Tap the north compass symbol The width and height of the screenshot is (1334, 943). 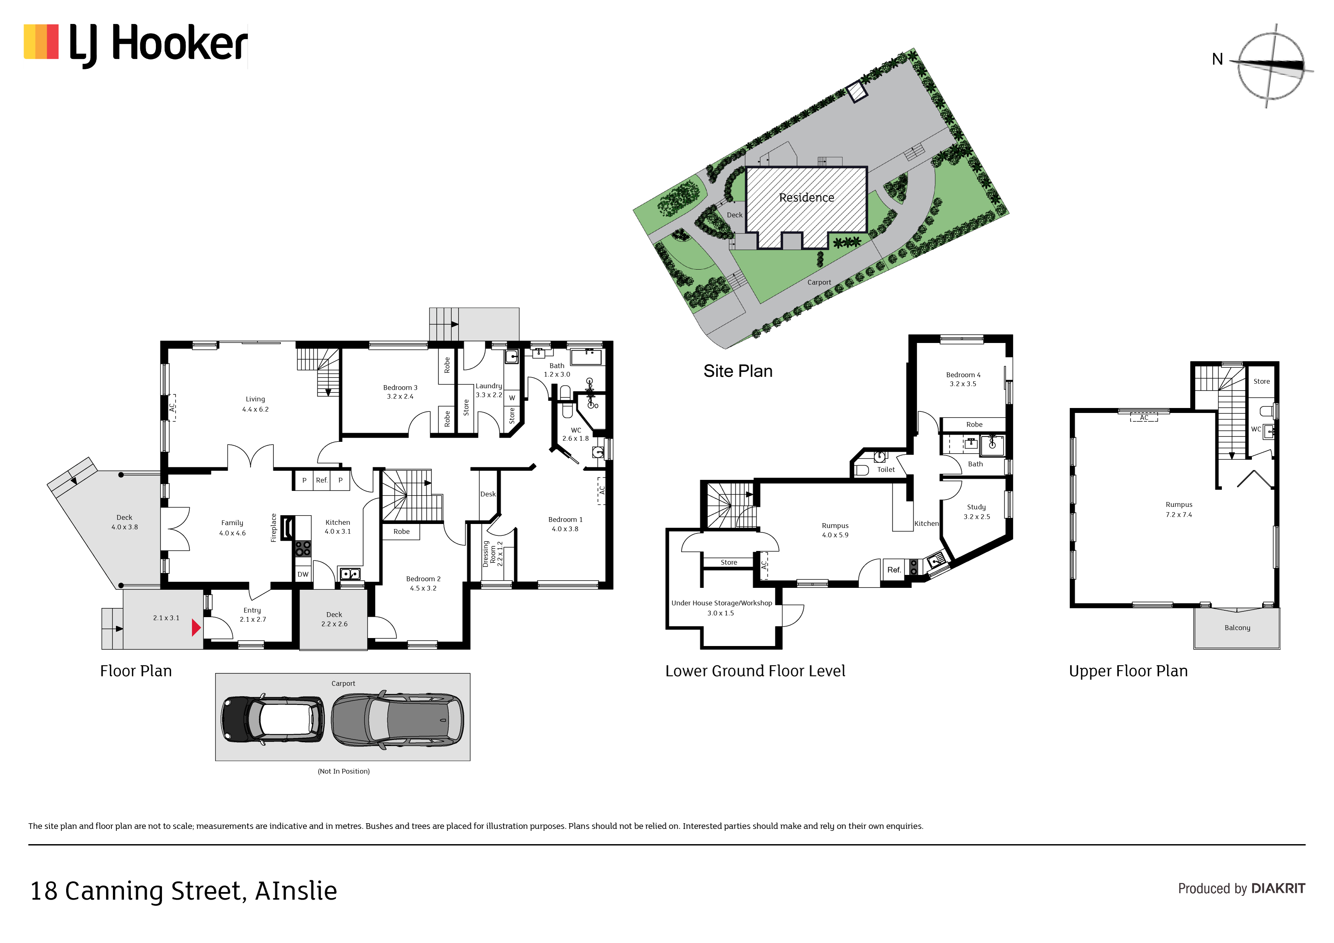tap(1270, 65)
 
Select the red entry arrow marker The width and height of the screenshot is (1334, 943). tap(196, 627)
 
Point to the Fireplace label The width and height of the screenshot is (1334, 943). tap(274, 527)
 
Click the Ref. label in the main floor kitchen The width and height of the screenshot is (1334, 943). tap(321, 480)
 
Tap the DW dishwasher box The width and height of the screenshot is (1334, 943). tap(303, 574)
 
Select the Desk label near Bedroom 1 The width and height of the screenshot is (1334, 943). tap(488, 494)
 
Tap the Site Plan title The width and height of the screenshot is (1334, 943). tap(737, 371)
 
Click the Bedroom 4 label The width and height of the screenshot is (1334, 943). tap(963, 379)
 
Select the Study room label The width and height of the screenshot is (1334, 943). tap(976, 511)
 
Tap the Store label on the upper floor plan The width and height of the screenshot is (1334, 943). tap(1261, 381)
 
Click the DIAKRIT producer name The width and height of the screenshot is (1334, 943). tap(1278, 888)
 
